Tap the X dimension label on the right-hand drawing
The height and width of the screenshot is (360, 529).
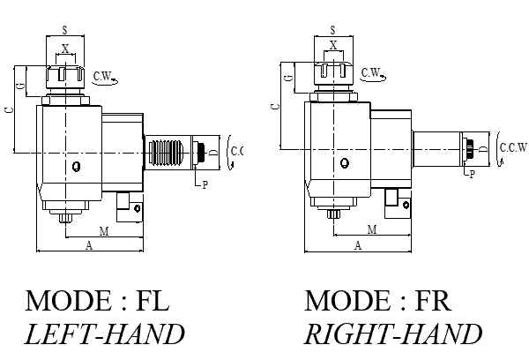(x=332, y=45)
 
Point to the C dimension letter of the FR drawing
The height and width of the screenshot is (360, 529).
(x=273, y=105)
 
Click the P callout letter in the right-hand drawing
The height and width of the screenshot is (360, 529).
(x=472, y=175)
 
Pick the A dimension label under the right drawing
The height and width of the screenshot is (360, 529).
(x=358, y=245)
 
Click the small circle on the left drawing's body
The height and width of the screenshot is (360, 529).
(x=78, y=165)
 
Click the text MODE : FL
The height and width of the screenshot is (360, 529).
(x=97, y=301)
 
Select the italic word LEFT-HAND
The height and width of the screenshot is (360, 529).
(x=105, y=334)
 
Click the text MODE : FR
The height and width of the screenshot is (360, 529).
(x=377, y=301)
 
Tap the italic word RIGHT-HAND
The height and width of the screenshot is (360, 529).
(x=393, y=334)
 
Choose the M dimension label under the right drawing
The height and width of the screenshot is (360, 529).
(x=371, y=229)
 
